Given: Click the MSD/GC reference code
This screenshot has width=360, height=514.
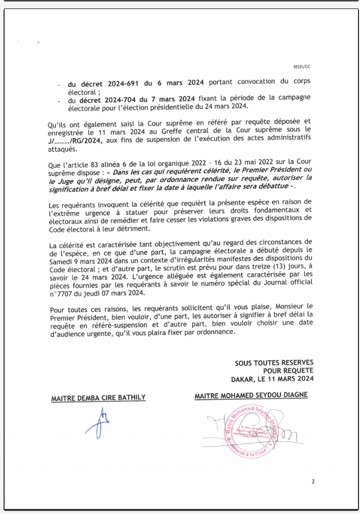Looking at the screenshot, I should point(305,66).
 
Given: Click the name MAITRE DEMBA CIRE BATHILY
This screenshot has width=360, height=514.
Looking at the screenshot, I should point(98,398).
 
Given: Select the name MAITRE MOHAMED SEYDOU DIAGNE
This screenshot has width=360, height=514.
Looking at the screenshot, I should point(251,396).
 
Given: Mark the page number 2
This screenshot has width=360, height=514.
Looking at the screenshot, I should point(313,482).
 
